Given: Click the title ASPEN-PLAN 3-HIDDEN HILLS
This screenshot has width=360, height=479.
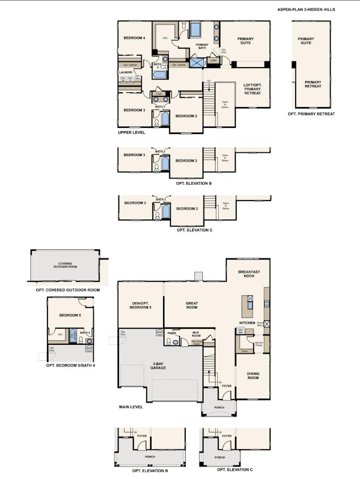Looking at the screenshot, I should pos(306,9).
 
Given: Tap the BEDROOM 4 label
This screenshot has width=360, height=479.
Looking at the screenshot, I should pos(134,38).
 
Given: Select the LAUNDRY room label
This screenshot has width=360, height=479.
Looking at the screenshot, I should pos(126,72).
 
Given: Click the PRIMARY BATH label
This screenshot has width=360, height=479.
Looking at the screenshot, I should pos(202,47).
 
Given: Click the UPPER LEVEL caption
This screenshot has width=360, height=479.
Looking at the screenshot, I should pos(131,132).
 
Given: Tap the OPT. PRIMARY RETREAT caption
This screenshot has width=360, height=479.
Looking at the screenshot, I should pos(311,114).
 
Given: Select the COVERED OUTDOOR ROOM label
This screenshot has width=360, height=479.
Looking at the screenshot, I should pos(65,265).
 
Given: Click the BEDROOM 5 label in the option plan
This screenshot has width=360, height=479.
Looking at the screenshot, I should pos(70,315).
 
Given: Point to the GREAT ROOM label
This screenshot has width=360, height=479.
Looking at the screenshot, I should pos(192,305).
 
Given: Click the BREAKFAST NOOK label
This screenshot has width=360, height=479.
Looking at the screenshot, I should pos(249,274).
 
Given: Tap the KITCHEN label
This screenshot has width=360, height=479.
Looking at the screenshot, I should pos(248,323).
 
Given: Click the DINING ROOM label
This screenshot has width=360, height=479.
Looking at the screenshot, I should pos(253,376).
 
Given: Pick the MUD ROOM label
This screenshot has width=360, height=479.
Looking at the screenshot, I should pos(196,334).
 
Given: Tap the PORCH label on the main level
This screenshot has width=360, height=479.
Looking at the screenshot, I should pos(219,407).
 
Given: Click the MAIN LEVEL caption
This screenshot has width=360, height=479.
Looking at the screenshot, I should pos(131,407).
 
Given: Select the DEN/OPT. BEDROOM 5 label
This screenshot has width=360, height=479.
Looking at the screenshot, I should pos(140,305).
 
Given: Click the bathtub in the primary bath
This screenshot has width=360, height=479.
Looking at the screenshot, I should pos(196,30).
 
